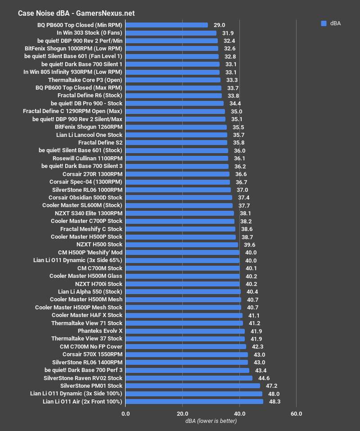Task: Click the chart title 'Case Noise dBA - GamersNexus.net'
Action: coord(76,13)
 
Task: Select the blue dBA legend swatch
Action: coord(324,24)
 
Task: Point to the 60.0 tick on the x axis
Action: coord(296,413)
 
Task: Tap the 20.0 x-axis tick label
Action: coord(182,413)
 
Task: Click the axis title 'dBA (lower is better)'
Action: coord(211,421)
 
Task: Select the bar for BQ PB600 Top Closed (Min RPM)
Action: coord(166,25)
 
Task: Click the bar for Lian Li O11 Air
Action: coord(194,401)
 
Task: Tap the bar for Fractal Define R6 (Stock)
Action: coord(174,95)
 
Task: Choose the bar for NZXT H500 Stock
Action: coord(182,245)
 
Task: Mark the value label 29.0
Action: coord(220,25)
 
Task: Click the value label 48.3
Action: coord(274,401)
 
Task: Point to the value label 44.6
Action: coord(264,378)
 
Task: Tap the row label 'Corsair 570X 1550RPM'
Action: coord(92,354)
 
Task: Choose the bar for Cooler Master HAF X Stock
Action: coord(184,315)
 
